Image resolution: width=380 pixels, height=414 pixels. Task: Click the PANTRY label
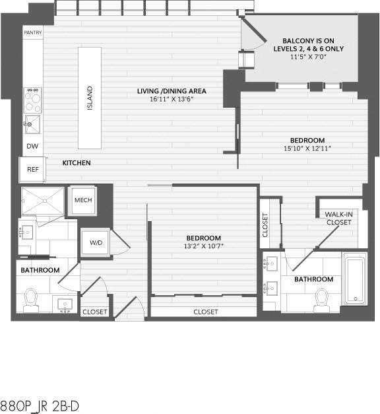32,32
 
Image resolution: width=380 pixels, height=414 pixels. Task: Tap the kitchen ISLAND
90,99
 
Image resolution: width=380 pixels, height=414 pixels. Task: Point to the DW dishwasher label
32,147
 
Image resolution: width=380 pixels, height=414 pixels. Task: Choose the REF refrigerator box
32,170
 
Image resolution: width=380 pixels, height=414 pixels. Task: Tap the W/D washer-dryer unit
96,243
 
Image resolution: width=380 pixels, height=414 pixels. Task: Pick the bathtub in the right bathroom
355,279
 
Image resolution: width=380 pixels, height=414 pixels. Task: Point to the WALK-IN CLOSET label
337,219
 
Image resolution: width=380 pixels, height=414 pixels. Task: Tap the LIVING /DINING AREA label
172,91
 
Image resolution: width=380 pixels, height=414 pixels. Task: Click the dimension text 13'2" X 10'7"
203,247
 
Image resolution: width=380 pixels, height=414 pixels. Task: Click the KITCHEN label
77,162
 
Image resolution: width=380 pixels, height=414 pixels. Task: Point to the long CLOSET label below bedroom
206,312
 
